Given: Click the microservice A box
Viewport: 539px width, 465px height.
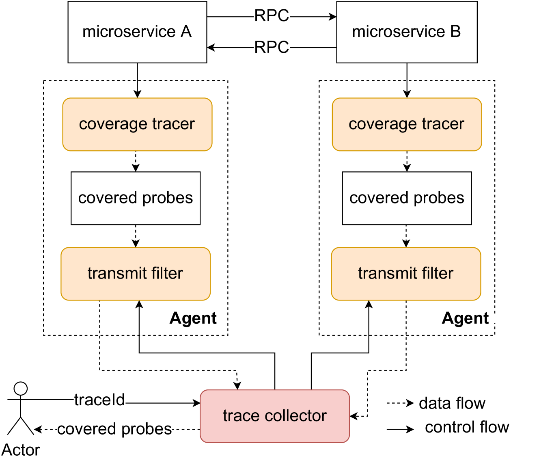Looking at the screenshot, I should point(137,32).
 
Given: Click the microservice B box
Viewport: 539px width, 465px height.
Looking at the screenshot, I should point(407,32).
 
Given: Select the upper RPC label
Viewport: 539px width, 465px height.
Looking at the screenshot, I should point(272,16).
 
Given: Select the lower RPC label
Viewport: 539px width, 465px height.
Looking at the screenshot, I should point(272,48).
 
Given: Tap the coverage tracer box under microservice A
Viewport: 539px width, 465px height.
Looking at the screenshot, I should point(137,124).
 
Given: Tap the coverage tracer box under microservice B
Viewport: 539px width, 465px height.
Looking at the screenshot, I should point(407,124).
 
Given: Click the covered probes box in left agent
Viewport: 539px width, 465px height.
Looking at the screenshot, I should point(136,198).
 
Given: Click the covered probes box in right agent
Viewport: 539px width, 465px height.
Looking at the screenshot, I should point(407,198).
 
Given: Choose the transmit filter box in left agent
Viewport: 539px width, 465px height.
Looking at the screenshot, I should point(136,274).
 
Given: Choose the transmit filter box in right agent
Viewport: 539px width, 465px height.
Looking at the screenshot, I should point(406,274).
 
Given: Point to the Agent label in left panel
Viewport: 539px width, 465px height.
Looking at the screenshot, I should point(193,318).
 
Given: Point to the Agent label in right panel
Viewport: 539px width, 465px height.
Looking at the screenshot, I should point(465,318).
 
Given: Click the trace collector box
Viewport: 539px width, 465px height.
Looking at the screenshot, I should point(275,416).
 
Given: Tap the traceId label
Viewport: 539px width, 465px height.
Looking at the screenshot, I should point(100,400).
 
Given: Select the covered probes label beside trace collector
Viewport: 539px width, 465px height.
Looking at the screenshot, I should point(114,429).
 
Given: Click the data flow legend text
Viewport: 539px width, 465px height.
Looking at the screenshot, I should point(452,403).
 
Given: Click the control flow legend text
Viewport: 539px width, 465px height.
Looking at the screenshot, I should point(467,427).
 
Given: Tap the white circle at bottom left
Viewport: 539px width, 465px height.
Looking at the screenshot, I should point(21,389).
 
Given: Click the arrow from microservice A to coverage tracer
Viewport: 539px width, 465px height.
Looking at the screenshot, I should point(137,89).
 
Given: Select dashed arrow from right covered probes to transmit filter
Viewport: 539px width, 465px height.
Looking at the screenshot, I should point(406,236).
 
